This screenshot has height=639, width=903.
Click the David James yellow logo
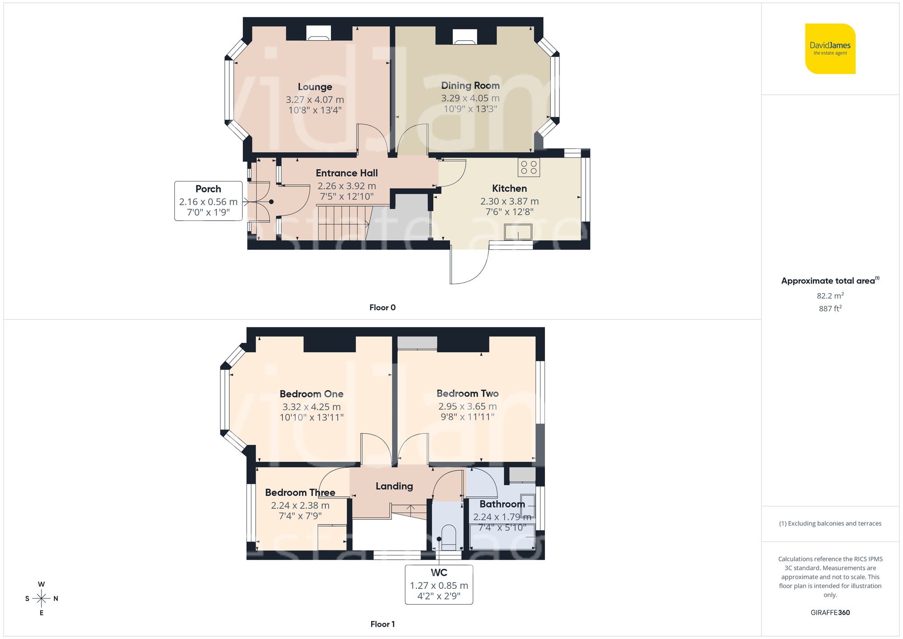[830, 49]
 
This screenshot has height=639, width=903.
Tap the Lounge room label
[315, 87]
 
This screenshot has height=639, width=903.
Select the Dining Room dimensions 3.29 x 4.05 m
[470, 98]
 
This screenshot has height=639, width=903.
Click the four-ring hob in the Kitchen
[529, 167]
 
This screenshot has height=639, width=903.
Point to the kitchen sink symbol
[518, 232]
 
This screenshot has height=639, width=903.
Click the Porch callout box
[208, 201]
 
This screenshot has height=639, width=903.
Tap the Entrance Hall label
[346, 173]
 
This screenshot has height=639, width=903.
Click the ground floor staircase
[342, 223]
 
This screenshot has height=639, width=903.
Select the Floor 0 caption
[382, 308]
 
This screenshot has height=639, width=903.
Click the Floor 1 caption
[382, 624]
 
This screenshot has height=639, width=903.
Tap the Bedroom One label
[311, 394]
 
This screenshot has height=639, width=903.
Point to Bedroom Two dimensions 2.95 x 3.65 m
[467, 406]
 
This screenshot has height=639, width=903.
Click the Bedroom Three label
[300, 492]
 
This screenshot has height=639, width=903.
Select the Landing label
[394, 486]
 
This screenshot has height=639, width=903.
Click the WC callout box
[438, 584]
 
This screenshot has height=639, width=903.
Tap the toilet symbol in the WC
[448, 536]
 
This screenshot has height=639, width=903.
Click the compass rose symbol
[41, 599]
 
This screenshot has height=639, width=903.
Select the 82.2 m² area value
[830, 296]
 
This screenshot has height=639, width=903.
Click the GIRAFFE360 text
[830, 612]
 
